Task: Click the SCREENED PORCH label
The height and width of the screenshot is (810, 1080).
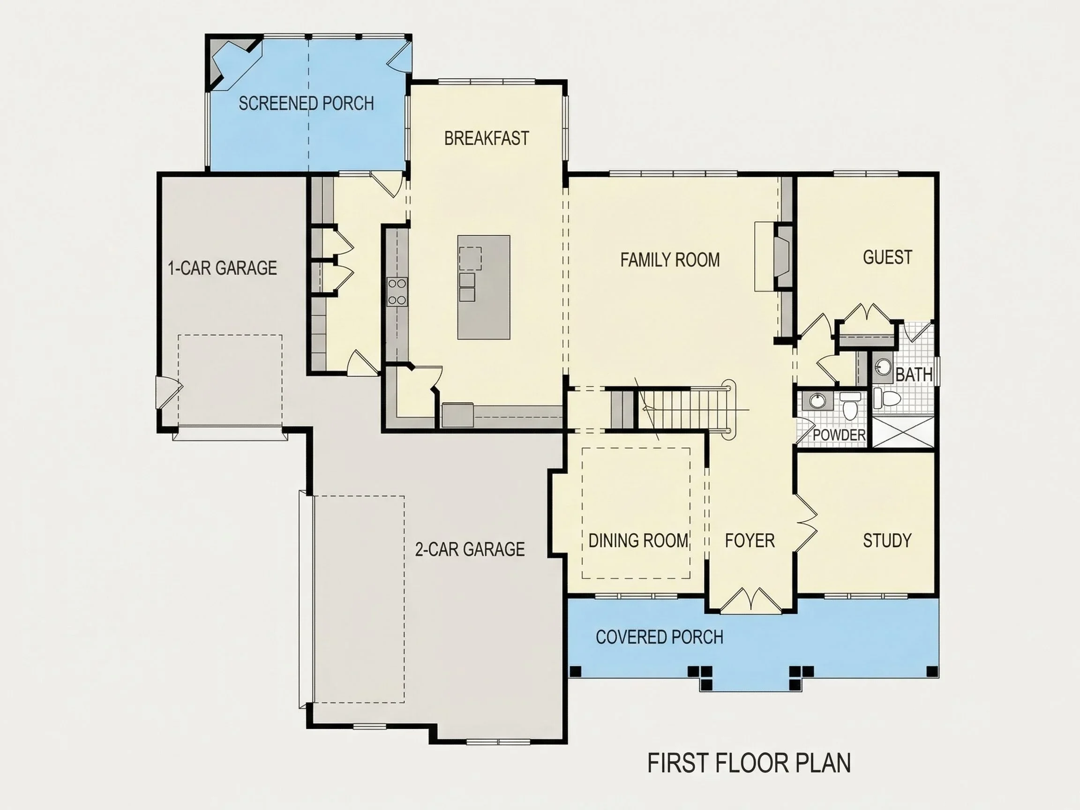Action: pyautogui.click(x=306, y=104)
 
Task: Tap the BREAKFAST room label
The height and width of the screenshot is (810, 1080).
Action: pyautogui.click(x=486, y=138)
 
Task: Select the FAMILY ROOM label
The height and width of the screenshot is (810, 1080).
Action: pyautogui.click(x=670, y=260)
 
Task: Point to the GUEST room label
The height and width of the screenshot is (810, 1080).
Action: pyautogui.click(x=887, y=257)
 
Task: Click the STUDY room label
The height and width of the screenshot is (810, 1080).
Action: pyautogui.click(x=887, y=540)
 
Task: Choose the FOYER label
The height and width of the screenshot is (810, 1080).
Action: pyautogui.click(x=750, y=540)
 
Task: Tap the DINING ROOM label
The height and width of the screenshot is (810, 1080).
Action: pyautogui.click(x=638, y=540)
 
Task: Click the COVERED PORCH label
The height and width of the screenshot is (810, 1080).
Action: pyautogui.click(x=659, y=637)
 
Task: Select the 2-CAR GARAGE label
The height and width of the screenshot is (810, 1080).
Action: pyautogui.click(x=470, y=549)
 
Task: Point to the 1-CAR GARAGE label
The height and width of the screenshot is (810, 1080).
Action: pyautogui.click(x=222, y=268)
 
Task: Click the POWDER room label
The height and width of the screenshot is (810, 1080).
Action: pyautogui.click(x=839, y=435)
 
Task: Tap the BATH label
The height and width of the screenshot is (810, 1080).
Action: pyautogui.click(x=914, y=375)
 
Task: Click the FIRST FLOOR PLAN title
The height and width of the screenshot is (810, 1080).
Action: pyautogui.click(x=749, y=763)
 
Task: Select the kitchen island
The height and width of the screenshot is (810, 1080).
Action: pyautogui.click(x=483, y=287)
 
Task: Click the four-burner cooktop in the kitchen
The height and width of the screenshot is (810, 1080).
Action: pyautogui.click(x=397, y=292)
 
